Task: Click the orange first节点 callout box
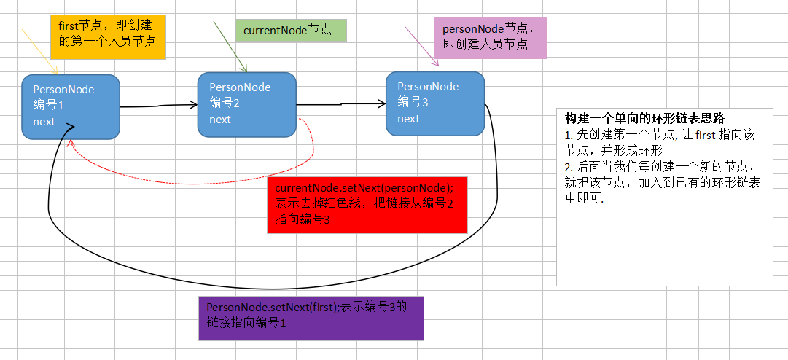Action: click(109, 36)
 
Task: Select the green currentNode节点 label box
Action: click(291, 31)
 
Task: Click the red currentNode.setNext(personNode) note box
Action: click(367, 204)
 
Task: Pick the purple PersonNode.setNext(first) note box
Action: click(311, 318)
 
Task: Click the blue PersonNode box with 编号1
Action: click(71, 106)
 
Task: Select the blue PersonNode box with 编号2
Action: click(247, 103)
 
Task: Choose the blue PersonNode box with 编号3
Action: click(435, 103)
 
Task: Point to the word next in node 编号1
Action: click(44, 121)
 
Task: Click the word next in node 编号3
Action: click(408, 119)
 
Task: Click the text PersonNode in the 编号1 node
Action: click(64, 90)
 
